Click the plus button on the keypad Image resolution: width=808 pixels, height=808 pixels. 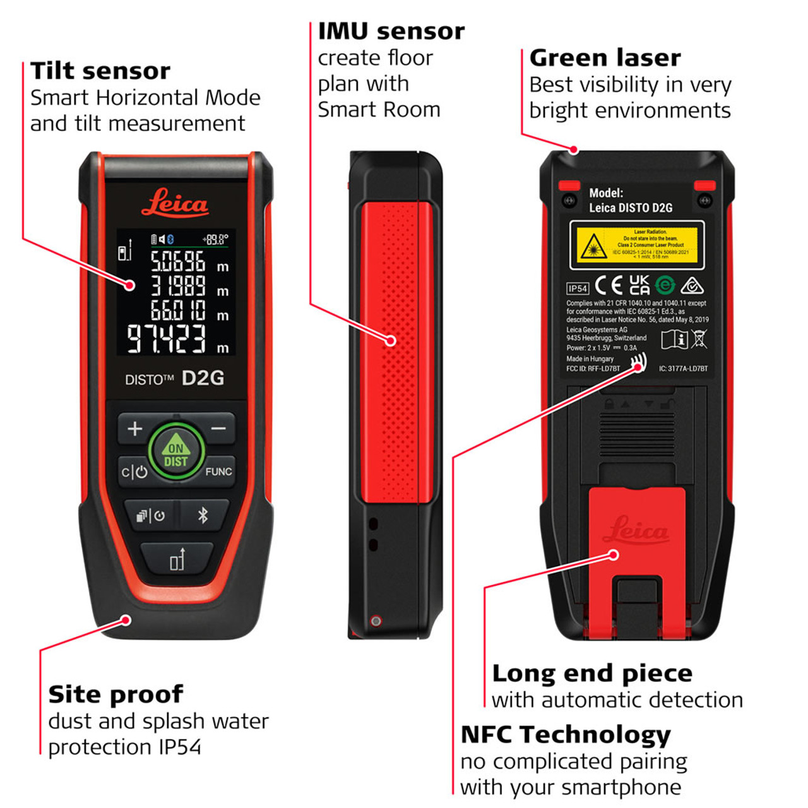click(x=134, y=429)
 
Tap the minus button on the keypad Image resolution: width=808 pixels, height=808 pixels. click(x=218, y=429)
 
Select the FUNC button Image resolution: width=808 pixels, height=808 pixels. click(x=218, y=472)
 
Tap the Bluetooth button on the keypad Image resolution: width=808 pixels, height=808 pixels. click(x=203, y=515)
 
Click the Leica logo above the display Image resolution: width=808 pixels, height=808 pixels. click(x=175, y=203)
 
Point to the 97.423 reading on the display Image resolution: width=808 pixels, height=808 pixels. click(x=167, y=339)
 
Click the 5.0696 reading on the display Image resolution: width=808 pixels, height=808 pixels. click(x=177, y=261)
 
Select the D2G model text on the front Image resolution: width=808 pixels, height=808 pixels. click(x=203, y=378)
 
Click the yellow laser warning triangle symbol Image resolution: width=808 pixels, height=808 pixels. click(x=593, y=246)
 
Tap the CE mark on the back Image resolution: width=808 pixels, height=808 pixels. click(x=609, y=286)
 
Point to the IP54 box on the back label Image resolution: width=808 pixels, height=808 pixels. click(x=578, y=288)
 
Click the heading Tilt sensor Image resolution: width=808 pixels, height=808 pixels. click(x=100, y=71)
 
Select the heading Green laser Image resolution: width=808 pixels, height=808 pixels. click(x=605, y=58)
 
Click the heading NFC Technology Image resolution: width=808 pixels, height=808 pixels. click(x=566, y=735)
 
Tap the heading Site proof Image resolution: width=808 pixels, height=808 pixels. click(x=116, y=694)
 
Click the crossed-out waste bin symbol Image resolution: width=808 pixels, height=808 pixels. click(x=699, y=339)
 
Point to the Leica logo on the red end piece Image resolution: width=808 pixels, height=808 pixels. click(x=636, y=530)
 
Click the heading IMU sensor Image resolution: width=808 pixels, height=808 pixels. click(x=391, y=31)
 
